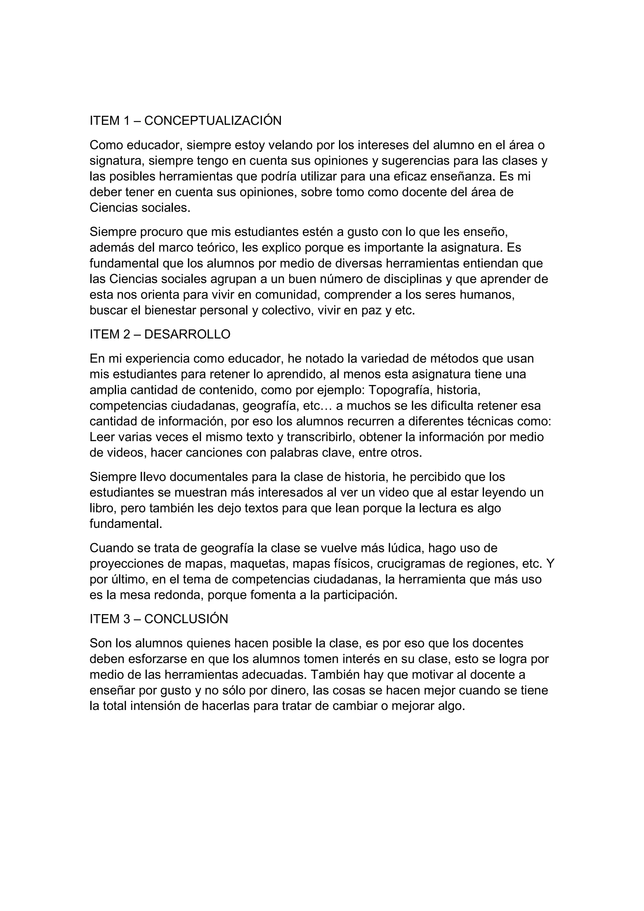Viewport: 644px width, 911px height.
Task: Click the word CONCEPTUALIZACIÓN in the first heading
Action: click(213, 120)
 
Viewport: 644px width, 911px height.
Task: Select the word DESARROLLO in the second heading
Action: click(187, 334)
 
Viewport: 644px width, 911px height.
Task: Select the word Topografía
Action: click(400, 390)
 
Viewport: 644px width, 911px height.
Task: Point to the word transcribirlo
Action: click(317, 437)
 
